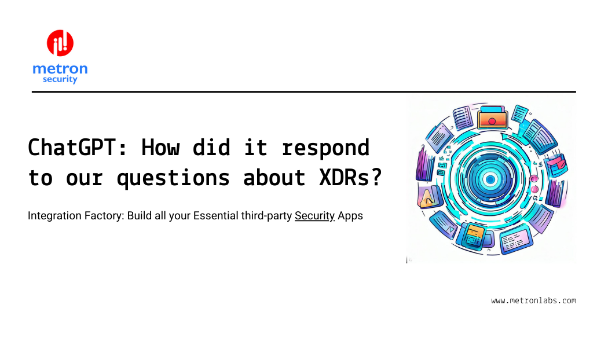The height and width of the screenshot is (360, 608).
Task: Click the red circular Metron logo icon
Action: (60, 43)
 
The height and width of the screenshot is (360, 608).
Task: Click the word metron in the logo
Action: (60, 69)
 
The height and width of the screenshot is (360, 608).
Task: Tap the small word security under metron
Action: (60, 79)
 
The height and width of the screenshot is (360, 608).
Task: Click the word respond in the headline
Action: (325, 148)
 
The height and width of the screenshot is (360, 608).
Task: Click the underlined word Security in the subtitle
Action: (315, 216)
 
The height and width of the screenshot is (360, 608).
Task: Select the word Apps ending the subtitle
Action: (351, 216)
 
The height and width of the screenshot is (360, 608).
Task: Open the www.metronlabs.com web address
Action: (533, 300)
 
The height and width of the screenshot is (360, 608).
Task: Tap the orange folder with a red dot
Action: (492, 119)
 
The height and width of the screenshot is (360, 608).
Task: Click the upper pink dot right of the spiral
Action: (535, 177)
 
